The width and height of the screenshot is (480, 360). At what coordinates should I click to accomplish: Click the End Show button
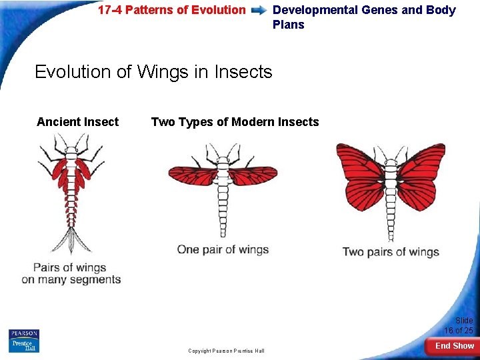(x=454, y=345)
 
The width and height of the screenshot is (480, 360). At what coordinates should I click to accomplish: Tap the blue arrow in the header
(x=259, y=11)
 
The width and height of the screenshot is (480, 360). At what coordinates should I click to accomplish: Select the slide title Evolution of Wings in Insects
(x=153, y=71)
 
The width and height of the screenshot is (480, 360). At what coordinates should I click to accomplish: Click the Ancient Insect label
(x=77, y=122)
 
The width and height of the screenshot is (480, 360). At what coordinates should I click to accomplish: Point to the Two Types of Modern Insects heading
(x=235, y=122)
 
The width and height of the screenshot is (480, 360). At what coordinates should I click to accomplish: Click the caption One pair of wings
(x=223, y=250)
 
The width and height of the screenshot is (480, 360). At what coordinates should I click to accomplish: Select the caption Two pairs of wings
(x=391, y=252)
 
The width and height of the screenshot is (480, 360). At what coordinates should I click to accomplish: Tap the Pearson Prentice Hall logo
(x=24, y=340)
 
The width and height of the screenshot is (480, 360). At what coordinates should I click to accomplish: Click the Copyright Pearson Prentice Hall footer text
(x=226, y=351)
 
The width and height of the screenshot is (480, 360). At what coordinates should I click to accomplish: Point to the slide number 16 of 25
(x=459, y=326)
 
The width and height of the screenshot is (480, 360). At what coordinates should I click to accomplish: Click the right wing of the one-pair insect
(x=252, y=176)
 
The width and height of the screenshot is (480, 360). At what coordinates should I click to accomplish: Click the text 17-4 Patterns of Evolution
(x=171, y=10)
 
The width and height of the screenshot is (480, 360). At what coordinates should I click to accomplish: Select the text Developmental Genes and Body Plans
(x=364, y=17)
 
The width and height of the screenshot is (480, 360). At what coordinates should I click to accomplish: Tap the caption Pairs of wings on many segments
(x=71, y=273)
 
